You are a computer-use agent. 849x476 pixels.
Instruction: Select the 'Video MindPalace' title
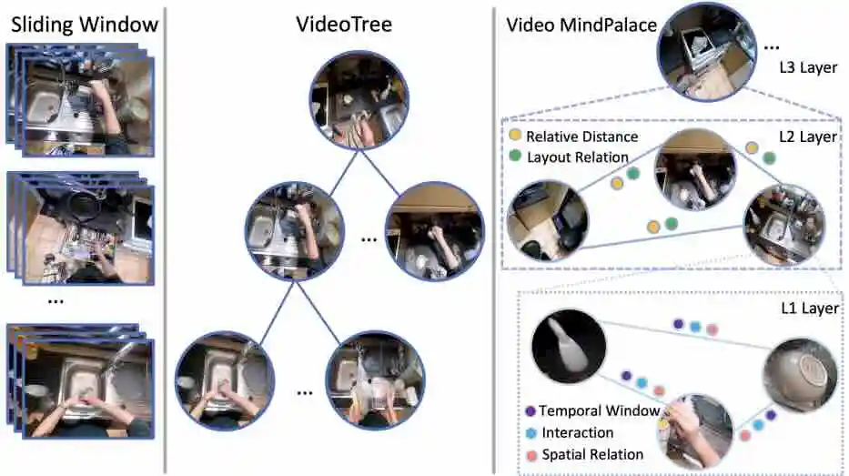[x=581, y=25]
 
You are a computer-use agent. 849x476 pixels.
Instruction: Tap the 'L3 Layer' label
[x=808, y=67]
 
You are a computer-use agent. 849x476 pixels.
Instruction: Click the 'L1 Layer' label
[x=809, y=309]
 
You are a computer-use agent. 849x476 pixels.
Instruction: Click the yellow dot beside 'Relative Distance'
[x=515, y=137]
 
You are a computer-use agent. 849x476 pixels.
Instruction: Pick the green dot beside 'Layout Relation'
[x=515, y=157]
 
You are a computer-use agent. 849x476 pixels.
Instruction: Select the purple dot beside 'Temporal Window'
[x=530, y=411]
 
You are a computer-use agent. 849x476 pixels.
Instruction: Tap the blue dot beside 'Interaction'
[x=530, y=432]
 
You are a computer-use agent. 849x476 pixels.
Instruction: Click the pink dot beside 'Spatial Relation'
[x=530, y=453]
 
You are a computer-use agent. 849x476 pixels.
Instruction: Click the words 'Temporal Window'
[x=599, y=411]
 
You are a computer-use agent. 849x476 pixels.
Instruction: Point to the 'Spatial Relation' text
[x=592, y=453]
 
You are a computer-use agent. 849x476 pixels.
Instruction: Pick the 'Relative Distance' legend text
[x=581, y=137]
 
